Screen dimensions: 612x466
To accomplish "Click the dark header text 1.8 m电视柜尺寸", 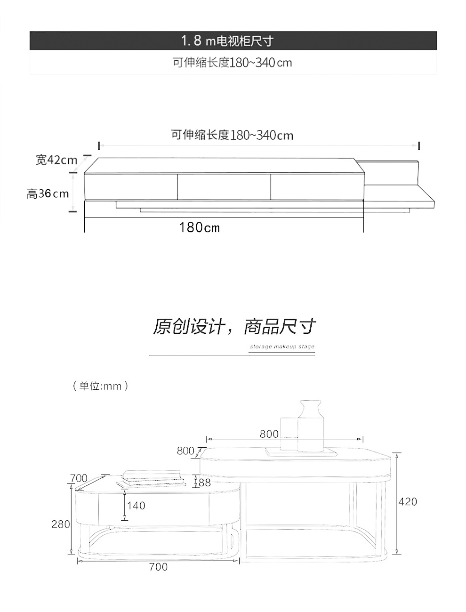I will pyautogui.click(x=227, y=41).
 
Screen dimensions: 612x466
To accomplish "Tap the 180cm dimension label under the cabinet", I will pyautogui.click(x=199, y=227).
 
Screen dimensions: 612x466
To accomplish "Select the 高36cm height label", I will pyautogui.click(x=48, y=193).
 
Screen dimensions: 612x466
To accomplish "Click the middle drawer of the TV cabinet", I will pyautogui.click(x=224, y=186).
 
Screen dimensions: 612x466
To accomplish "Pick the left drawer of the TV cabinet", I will pyautogui.click(x=131, y=186).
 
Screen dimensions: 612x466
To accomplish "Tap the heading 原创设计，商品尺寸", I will pyautogui.click(x=234, y=326).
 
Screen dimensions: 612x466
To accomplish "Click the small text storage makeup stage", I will pyautogui.click(x=282, y=347).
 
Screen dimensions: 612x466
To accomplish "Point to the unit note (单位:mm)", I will pyautogui.click(x=100, y=386).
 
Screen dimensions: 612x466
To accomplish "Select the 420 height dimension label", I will pyautogui.click(x=408, y=502).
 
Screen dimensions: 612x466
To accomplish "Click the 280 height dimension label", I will pyautogui.click(x=61, y=524).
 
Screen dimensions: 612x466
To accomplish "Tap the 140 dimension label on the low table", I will pyautogui.click(x=136, y=506).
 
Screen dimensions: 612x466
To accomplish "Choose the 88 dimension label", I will pyautogui.click(x=205, y=483).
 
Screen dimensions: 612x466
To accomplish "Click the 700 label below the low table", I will pyautogui.click(x=158, y=567).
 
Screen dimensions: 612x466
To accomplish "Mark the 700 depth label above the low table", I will pyautogui.click(x=79, y=478).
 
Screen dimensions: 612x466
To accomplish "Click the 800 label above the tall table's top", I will pyautogui.click(x=269, y=434).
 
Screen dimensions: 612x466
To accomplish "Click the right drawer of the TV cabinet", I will pyautogui.click(x=317, y=186).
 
